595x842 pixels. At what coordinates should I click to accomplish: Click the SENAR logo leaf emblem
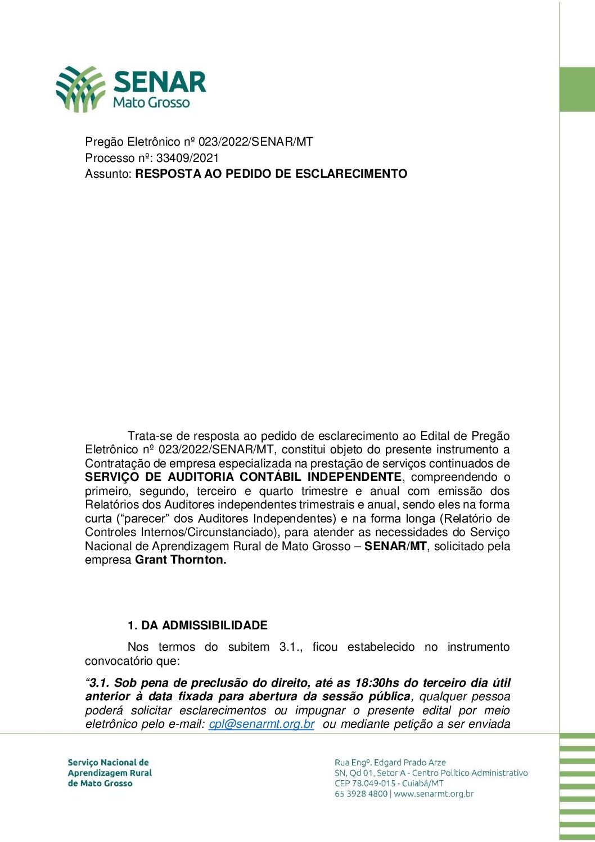(x=80, y=88)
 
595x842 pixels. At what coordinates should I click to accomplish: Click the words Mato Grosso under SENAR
(x=151, y=103)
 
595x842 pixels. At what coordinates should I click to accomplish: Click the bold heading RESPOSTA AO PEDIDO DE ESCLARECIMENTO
(x=271, y=174)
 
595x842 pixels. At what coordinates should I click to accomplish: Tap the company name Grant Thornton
(x=181, y=560)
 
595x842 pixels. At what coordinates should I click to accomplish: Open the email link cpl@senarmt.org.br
(x=262, y=724)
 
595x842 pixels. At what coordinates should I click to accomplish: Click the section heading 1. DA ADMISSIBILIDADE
(x=197, y=625)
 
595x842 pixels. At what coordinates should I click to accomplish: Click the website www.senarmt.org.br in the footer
(x=434, y=794)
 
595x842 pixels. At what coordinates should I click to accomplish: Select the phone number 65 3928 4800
(x=361, y=794)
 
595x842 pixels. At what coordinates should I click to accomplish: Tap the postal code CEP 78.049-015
(x=365, y=784)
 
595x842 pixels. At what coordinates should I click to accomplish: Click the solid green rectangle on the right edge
(x=577, y=89)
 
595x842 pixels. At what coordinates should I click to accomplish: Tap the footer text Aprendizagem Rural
(x=110, y=773)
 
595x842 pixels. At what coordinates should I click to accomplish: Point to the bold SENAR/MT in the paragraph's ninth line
(x=395, y=546)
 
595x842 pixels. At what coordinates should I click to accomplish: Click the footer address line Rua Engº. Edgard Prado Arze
(x=390, y=763)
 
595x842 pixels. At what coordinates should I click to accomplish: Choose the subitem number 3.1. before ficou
(x=291, y=647)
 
